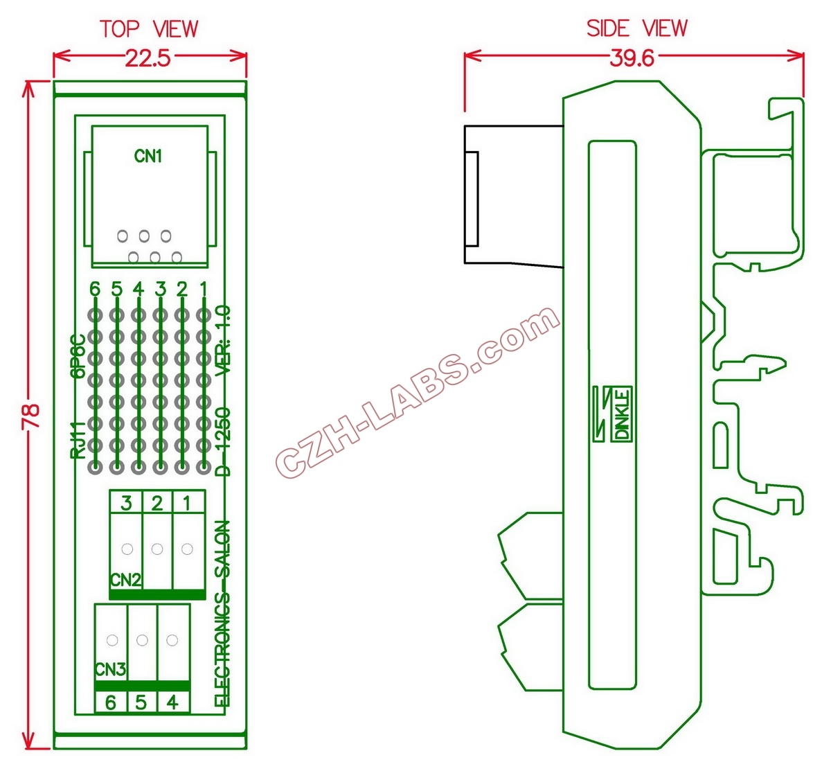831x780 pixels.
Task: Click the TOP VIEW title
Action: pyautogui.click(x=149, y=29)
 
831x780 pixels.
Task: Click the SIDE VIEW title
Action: pyautogui.click(x=636, y=28)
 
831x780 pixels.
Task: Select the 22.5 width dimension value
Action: pyautogui.click(x=148, y=58)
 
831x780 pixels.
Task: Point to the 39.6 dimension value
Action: pyautogui.click(x=632, y=58)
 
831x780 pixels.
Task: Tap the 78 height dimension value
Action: pyautogui.click(x=31, y=416)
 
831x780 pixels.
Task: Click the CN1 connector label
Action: pyautogui.click(x=148, y=157)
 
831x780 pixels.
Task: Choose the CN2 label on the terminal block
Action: pyautogui.click(x=125, y=580)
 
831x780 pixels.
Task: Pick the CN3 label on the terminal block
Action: pyautogui.click(x=110, y=670)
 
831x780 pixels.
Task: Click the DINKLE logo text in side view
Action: pyautogui.click(x=623, y=414)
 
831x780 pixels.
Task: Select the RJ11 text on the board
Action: pyautogui.click(x=78, y=439)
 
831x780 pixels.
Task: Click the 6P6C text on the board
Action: pyautogui.click(x=78, y=355)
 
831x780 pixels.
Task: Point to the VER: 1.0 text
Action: pyautogui.click(x=224, y=341)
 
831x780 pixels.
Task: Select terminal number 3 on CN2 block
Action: pyautogui.click(x=126, y=503)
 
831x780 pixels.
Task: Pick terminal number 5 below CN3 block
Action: pyautogui.click(x=141, y=702)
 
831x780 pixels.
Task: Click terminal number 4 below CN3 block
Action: pyautogui.click(x=172, y=702)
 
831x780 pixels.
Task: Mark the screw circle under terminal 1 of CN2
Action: pyautogui.click(x=186, y=549)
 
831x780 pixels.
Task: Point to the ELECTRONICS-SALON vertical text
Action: pyautogui.click(x=223, y=613)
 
